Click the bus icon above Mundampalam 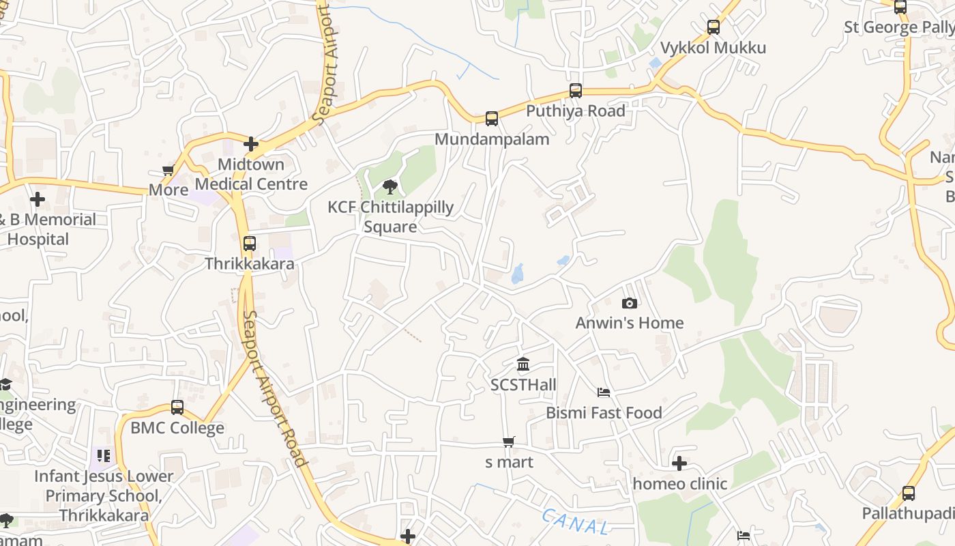point(492,119)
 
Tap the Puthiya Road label point(575,111)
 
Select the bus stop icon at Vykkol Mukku point(714,27)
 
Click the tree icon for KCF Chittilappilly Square point(390,186)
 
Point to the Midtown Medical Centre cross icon point(251,144)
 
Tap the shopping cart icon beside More point(168,170)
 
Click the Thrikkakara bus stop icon point(250,243)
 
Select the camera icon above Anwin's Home point(630,303)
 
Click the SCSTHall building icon point(523,364)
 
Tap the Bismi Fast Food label point(604,413)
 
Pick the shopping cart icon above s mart point(509,442)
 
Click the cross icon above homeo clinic point(679,463)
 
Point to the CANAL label point(575,522)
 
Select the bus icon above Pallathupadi point(909,493)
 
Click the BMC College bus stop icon point(177,407)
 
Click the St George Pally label point(898,27)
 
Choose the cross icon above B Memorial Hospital point(38,199)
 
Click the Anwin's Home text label point(630,323)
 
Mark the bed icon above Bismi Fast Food point(604,392)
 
